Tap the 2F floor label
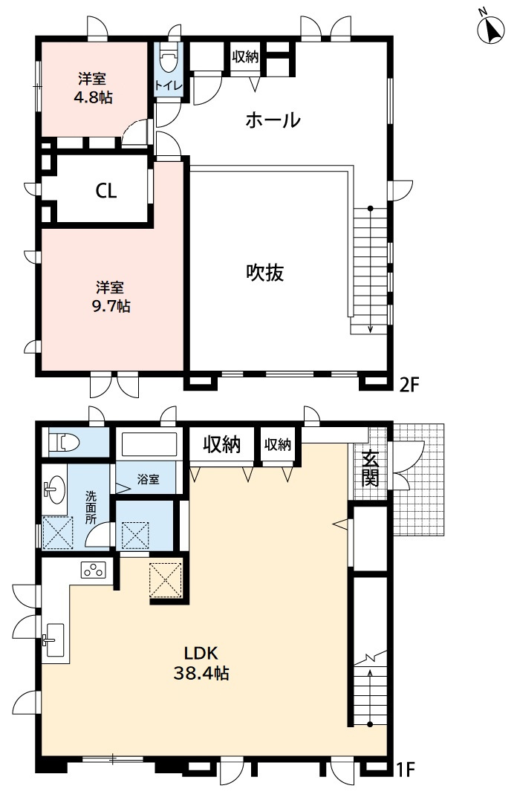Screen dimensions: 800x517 tap(410, 384)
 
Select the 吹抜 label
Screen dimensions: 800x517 tap(265, 273)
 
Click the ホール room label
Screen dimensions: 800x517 tap(273, 120)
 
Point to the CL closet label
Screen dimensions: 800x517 tap(106, 191)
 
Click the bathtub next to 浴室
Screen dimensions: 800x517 tap(149, 446)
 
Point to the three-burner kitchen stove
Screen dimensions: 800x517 tap(94, 571)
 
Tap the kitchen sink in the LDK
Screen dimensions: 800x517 tap(54, 638)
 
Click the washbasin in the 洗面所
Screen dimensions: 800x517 tap(51, 490)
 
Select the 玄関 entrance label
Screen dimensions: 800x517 tap(369, 469)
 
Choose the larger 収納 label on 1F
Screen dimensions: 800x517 tap(222, 445)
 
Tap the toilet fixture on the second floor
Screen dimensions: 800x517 tap(169, 57)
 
